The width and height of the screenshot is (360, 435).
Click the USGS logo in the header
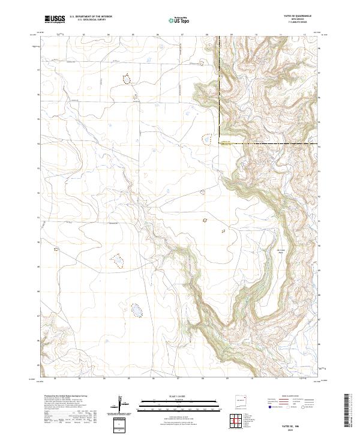(55, 19)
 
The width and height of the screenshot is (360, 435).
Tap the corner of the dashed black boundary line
(220, 143)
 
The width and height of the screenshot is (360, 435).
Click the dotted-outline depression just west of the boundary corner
(206, 140)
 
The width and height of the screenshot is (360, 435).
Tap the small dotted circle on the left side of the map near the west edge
(56, 248)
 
